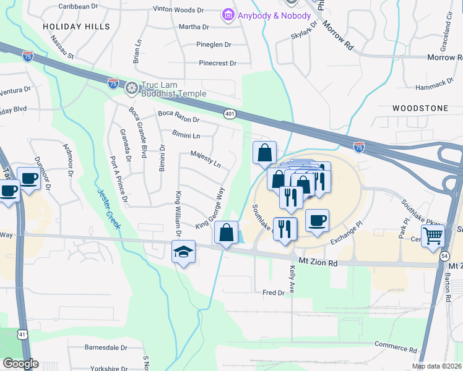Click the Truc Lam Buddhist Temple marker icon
pyautogui.click(x=131, y=88)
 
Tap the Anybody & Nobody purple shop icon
pyautogui.click(x=228, y=15)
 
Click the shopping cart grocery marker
pyautogui.click(x=433, y=235)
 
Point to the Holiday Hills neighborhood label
pyautogui.click(x=77, y=27)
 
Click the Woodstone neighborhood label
pyautogui.click(x=420, y=108)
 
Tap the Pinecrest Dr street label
pyautogui.click(x=218, y=63)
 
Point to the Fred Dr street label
pyautogui.click(x=273, y=292)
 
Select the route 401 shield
pyautogui.click(x=230, y=114)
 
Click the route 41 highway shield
pyautogui.click(x=22, y=334)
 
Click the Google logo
pyautogui.click(x=20, y=363)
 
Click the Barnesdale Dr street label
pyautogui.click(x=105, y=348)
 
